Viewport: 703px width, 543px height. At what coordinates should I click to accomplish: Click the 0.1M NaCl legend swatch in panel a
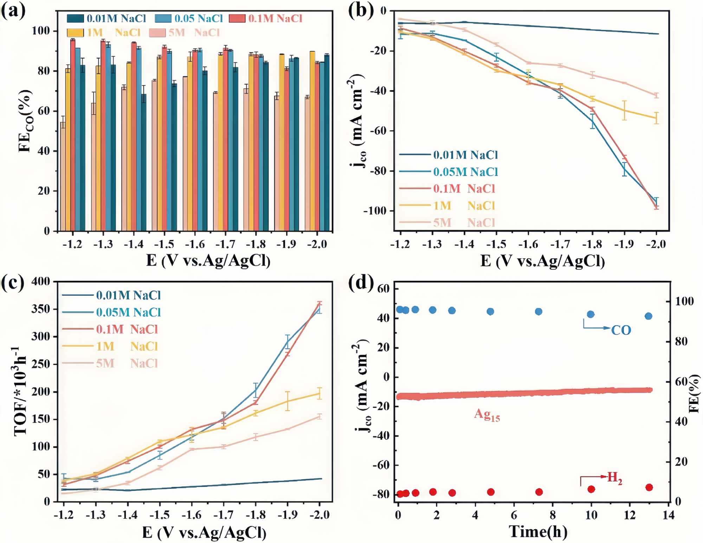pos(237,18)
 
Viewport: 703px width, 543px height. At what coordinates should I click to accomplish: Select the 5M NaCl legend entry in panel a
pos(185,33)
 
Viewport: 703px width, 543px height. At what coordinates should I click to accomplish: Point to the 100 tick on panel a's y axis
pos(41,31)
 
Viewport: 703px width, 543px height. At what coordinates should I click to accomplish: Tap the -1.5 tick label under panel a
pos(164,244)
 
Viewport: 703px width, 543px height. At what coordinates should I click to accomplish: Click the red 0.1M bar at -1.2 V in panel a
pos(73,135)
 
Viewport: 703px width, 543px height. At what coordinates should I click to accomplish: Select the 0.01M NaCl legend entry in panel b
pos(449,155)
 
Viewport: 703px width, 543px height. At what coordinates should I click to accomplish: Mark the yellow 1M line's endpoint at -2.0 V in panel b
pos(656,118)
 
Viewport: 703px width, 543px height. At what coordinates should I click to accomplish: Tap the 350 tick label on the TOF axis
pos(41,309)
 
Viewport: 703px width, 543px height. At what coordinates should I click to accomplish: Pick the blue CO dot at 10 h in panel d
pos(591,314)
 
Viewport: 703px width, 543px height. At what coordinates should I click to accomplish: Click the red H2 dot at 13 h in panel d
pos(649,487)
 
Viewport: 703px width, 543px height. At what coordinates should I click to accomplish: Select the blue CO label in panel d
pos(621,330)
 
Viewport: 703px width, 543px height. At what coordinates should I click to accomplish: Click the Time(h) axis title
pos(538,531)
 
